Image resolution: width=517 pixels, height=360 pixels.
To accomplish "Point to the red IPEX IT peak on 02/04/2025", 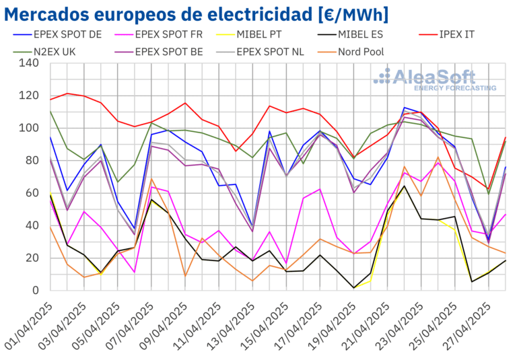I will point(67,94).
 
